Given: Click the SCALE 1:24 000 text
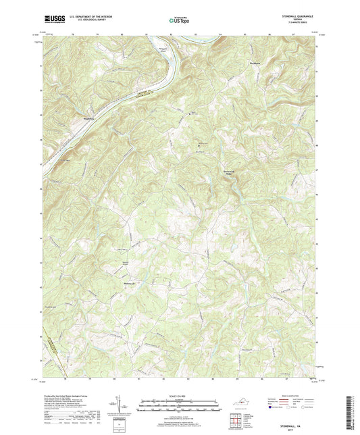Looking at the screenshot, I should click(179, 395).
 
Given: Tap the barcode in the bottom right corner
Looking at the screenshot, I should click(353, 413).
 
